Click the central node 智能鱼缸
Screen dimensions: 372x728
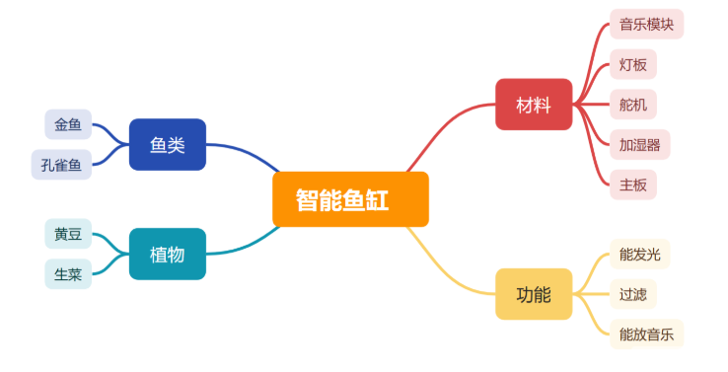click(350, 199)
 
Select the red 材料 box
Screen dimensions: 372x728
click(534, 105)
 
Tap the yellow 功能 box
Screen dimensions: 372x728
click(534, 294)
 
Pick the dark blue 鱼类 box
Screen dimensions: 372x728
click(168, 145)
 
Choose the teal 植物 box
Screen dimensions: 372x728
click(168, 254)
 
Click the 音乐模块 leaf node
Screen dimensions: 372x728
click(646, 25)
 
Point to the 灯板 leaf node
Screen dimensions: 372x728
click(632, 64)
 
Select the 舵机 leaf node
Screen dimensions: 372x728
click(632, 104)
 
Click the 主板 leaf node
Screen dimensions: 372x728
click(632, 184)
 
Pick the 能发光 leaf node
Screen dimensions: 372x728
click(639, 255)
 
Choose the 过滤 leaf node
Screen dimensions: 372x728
click(632, 294)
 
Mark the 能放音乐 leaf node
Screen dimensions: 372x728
click(646, 334)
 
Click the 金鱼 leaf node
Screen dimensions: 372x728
click(68, 124)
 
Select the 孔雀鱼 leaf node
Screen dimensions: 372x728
click(61, 165)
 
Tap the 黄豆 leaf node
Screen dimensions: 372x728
click(68, 234)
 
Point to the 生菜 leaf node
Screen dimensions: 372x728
click(68, 273)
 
